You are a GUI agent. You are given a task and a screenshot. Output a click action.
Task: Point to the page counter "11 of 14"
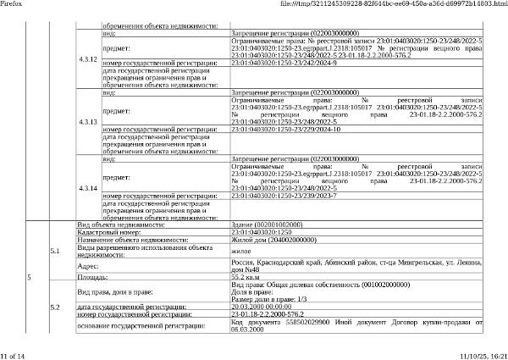point(14,355)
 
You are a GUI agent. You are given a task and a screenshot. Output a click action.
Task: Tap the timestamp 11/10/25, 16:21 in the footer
point(483,355)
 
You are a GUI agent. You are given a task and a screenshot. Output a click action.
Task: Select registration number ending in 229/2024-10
point(285,130)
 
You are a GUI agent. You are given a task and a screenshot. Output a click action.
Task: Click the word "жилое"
point(240,251)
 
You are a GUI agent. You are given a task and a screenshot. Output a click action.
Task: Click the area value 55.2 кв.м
point(249,277)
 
